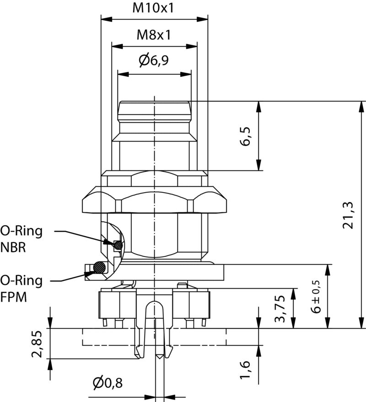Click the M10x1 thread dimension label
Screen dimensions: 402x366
pyautogui.click(x=154, y=8)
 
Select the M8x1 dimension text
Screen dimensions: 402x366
pyautogui.click(x=154, y=35)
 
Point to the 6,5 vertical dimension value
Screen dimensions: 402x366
pyautogui.click(x=246, y=136)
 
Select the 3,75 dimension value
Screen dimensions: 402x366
pyautogui.click(x=280, y=309)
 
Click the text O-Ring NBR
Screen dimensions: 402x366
pyautogui.click(x=21, y=239)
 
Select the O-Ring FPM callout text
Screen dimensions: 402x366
pyautogui.click(x=21, y=288)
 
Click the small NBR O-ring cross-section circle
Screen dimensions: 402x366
pyautogui.click(x=118, y=245)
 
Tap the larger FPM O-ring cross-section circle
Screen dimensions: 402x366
pyautogui.click(x=98, y=266)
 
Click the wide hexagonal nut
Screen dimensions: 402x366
pyautogui.click(x=154, y=201)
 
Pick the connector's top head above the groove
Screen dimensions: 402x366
pyautogui.click(x=154, y=110)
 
